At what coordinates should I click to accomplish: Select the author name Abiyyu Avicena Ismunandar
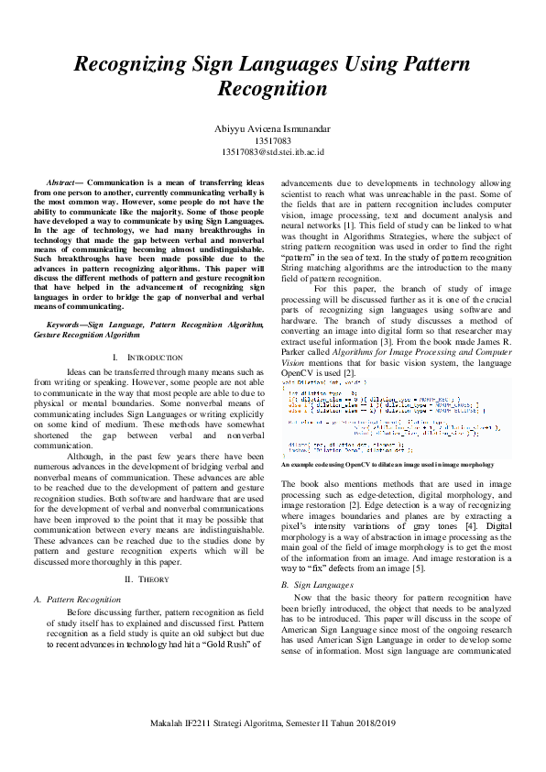pos(273,130)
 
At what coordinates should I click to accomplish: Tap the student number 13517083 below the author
pos(273,141)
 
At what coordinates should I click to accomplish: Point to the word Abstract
pos(60,184)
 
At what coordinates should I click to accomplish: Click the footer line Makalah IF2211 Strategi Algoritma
pos(273,749)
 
